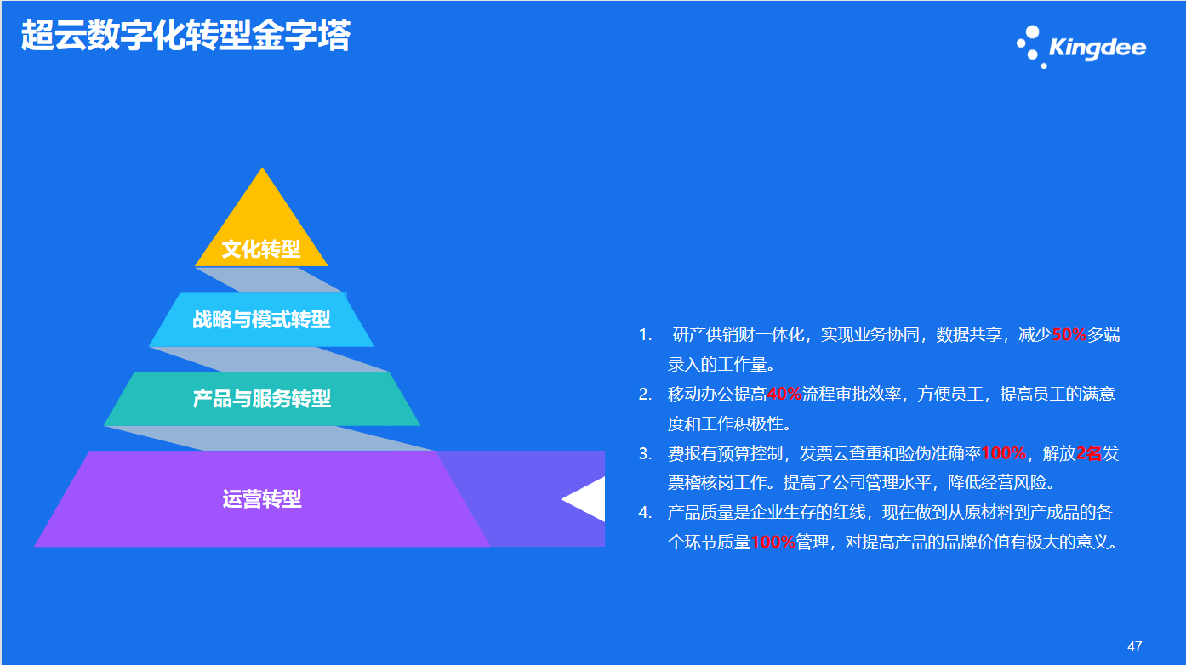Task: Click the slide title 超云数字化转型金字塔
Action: pyautogui.click(x=185, y=36)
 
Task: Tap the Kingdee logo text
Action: pyautogui.click(x=1098, y=48)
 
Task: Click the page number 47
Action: pyautogui.click(x=1135, y=646)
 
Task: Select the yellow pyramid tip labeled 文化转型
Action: pyautogui.click(x=261, y=217)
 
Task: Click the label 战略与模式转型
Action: pyautogui.click(x=261, y=319)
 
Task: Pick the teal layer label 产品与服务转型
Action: pyautogui.click(x=261, y=398)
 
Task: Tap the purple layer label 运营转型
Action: pyautogui.click(x=261, y=498)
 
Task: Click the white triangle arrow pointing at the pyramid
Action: pyautogui.click(x=583, y=499)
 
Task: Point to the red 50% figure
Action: pyautogui.click(x=1069, y=334)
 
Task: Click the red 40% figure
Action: pyautogui.click(x=784, y=394)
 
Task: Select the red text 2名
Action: pyautogui.click(x=1089, y=453)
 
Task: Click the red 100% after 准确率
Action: pyautogui.click(x=1004, y=453)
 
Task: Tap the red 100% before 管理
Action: pyautogui.click(x=773, y=542)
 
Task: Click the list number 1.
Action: pyautogui.click(x=645, y=334)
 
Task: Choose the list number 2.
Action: pyautogui.click(x=645, y=394)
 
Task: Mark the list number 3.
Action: pyautogui.click(x=645, y=453)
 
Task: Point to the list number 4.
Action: pyautogui.click(x=645, y=512)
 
